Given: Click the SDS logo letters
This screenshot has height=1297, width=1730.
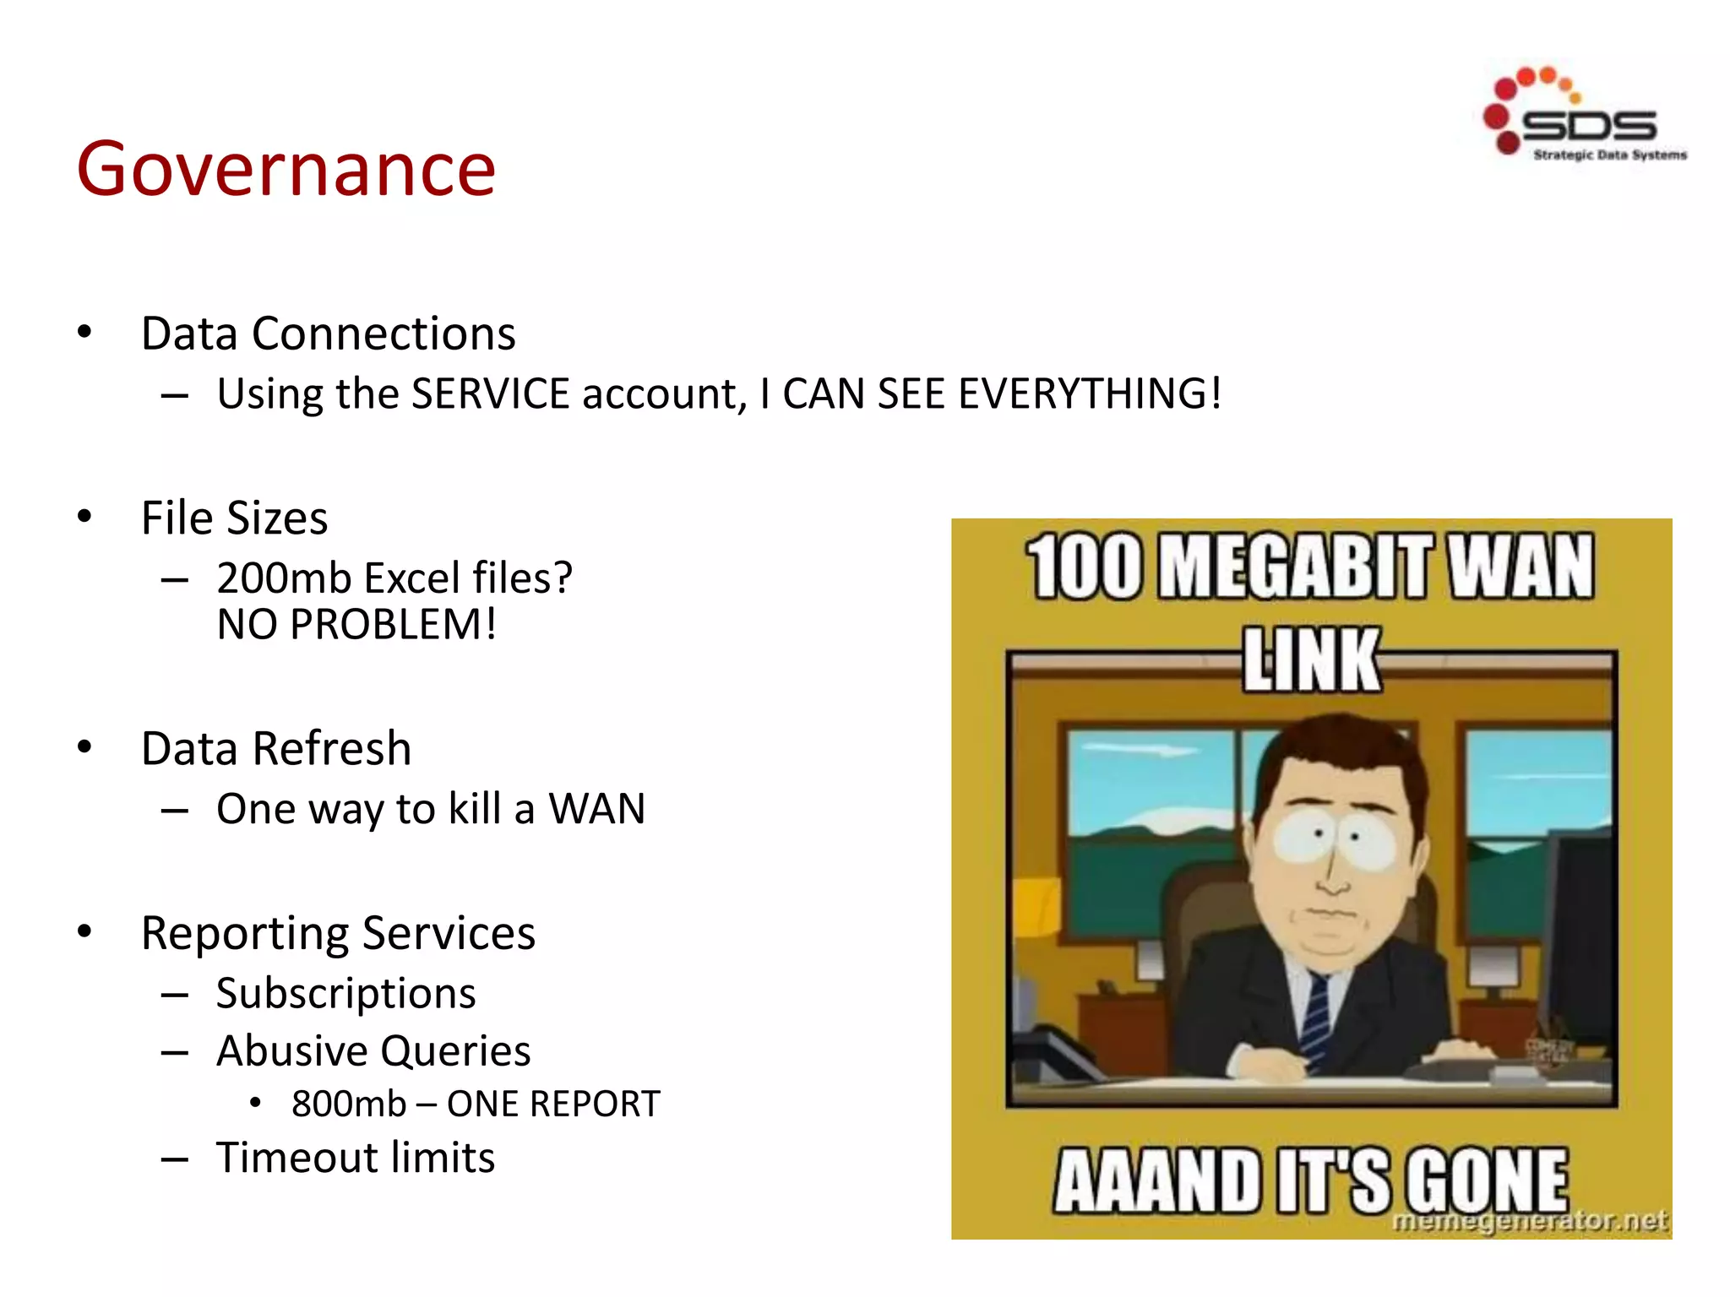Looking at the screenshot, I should [x=1588, y=127].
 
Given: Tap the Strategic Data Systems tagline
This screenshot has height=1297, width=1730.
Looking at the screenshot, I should [x=1609, y=155].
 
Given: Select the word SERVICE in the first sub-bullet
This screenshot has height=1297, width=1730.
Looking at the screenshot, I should [x=491, y=394].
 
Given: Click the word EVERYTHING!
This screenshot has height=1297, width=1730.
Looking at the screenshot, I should [x=1090, y=394].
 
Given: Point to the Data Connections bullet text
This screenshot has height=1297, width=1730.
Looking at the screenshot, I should [x=328, y=334].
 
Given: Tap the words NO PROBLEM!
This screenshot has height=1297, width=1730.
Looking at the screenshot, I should [x=356, y=626].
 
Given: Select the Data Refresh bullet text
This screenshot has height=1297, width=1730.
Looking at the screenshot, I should [x=276, y=749].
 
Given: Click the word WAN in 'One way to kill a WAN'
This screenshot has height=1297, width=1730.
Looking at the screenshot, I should [x=596, y=809].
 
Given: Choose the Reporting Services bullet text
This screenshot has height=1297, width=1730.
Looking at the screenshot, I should [x=338, y=933].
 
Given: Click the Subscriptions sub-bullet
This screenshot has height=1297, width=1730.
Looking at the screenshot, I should [x=345, y=993].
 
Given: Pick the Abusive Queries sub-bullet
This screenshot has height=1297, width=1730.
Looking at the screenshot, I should [x=373, y=1051].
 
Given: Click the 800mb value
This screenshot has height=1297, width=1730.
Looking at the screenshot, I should [x=349, y=1104].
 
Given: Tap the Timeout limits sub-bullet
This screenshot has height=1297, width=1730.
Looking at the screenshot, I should [x=356, y=1158].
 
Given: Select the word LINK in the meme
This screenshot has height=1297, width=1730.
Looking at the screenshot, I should [x=1311, y=660].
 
